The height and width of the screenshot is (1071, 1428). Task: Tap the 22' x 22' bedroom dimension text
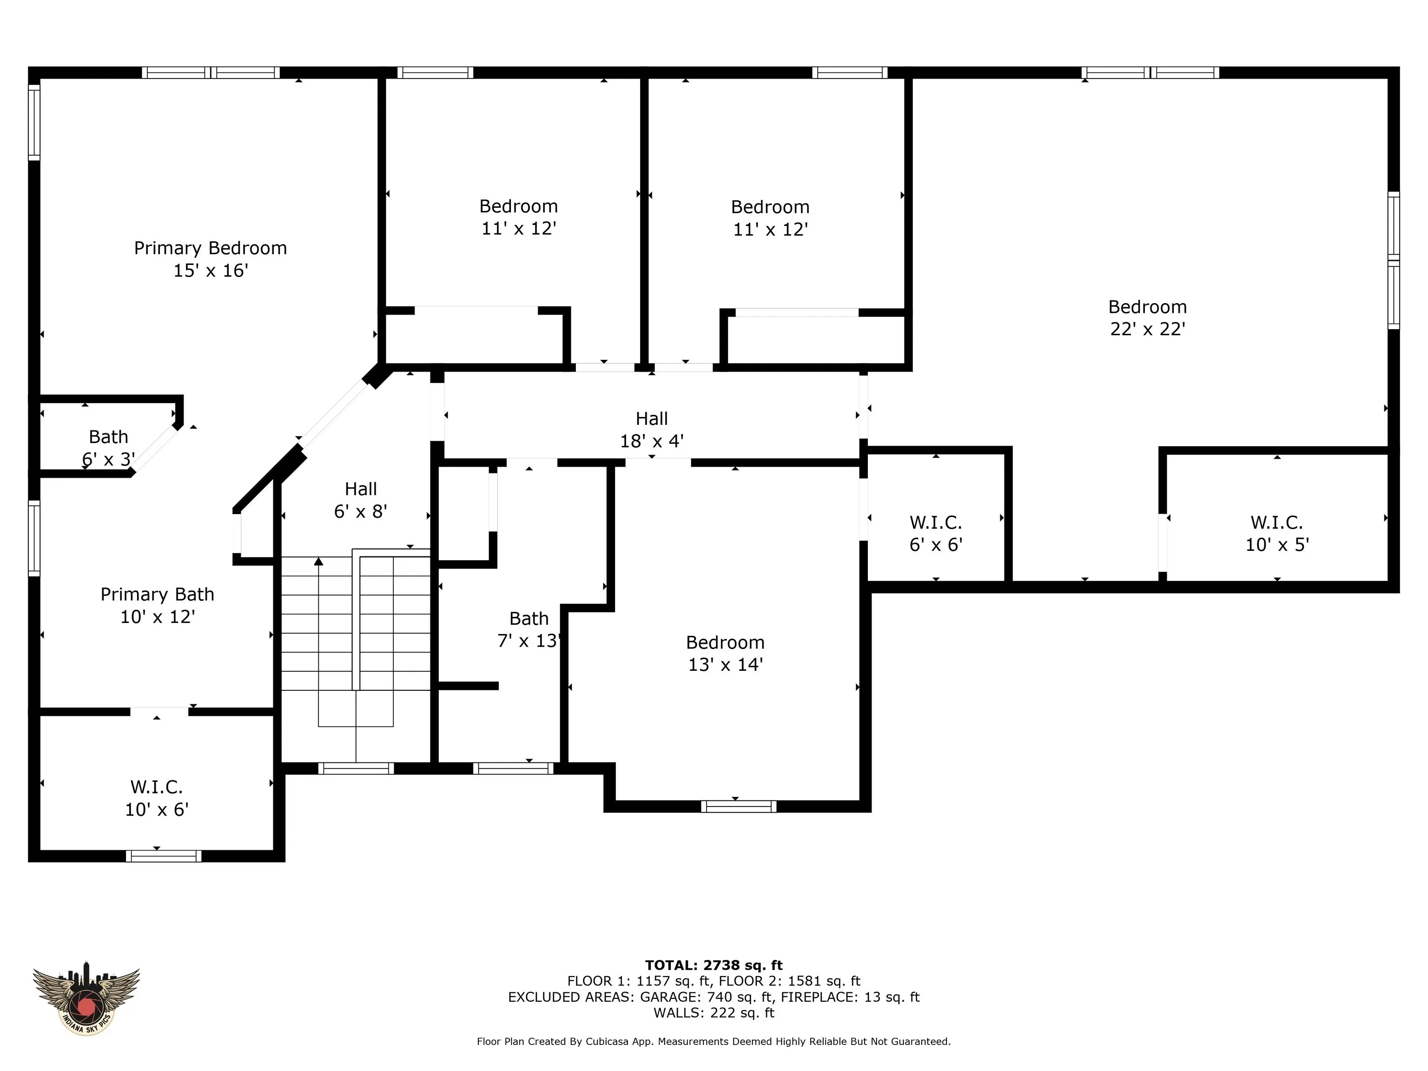coord(1147,329)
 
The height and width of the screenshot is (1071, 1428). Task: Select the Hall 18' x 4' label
coord(652,430)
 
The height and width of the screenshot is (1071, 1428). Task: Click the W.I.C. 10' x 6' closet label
coord(157,799)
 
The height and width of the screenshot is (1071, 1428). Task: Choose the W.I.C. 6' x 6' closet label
coord(936,533)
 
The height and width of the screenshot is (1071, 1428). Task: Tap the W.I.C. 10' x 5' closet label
coord(1277,533)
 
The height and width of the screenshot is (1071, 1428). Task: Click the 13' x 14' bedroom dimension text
coord(726,665)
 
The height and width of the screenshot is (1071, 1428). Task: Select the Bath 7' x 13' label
coord(529,629)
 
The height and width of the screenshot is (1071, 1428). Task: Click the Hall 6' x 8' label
coord(360,500)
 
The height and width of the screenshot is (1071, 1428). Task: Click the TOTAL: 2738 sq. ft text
coord(714,965)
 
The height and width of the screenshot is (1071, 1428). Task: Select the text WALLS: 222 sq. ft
coord(714,1013)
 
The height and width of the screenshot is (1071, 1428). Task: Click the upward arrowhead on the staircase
coord(318,562)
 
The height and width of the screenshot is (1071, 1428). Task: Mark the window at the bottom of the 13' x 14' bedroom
coord(739,807)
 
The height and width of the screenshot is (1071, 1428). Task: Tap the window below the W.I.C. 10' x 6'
coord(163,856)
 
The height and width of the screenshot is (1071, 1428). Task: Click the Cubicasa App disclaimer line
coord(714,1041)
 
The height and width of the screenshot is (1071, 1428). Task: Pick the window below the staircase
coord(356,768)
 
